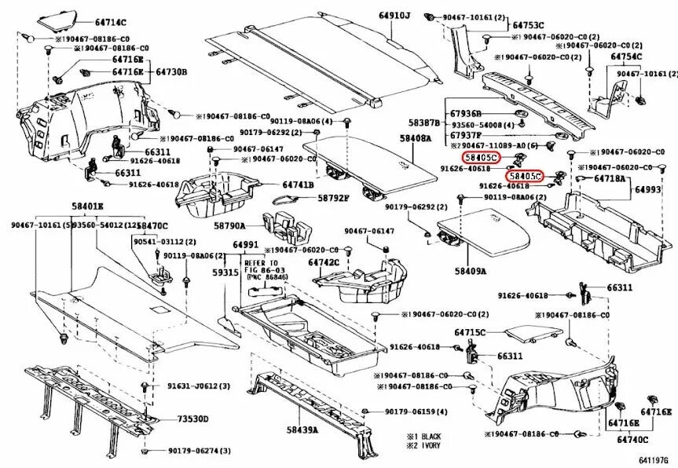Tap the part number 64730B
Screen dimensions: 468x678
coord(170,72)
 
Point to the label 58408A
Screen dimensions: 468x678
coord(415,138)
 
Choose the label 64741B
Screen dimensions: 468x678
coord(298,185)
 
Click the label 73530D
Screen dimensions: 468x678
coord(192,419)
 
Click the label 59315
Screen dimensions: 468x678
coord(226,272)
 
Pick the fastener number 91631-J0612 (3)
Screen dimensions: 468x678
coord(198,386)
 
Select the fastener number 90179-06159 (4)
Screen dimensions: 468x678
coord(416,411)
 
